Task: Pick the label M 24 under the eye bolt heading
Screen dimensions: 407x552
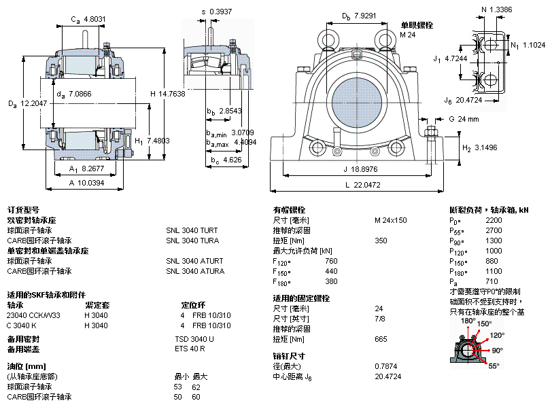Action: pos(407,35)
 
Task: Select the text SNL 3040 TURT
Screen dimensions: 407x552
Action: pos(192,230)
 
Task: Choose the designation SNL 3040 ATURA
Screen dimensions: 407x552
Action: pos(194,271)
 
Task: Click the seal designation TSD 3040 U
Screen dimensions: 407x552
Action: pos(194,338)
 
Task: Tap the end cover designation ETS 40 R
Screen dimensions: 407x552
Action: pos(190,349)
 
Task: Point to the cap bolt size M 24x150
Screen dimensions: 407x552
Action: pos(390,220)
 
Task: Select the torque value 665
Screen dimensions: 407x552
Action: pos(381,338)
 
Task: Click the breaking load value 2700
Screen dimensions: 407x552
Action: pos(494,230)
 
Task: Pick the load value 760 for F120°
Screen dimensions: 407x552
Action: pos(331,261)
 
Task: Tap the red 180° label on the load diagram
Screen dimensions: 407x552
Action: pos(468,321)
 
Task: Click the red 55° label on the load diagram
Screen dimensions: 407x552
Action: pos(494,366)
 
